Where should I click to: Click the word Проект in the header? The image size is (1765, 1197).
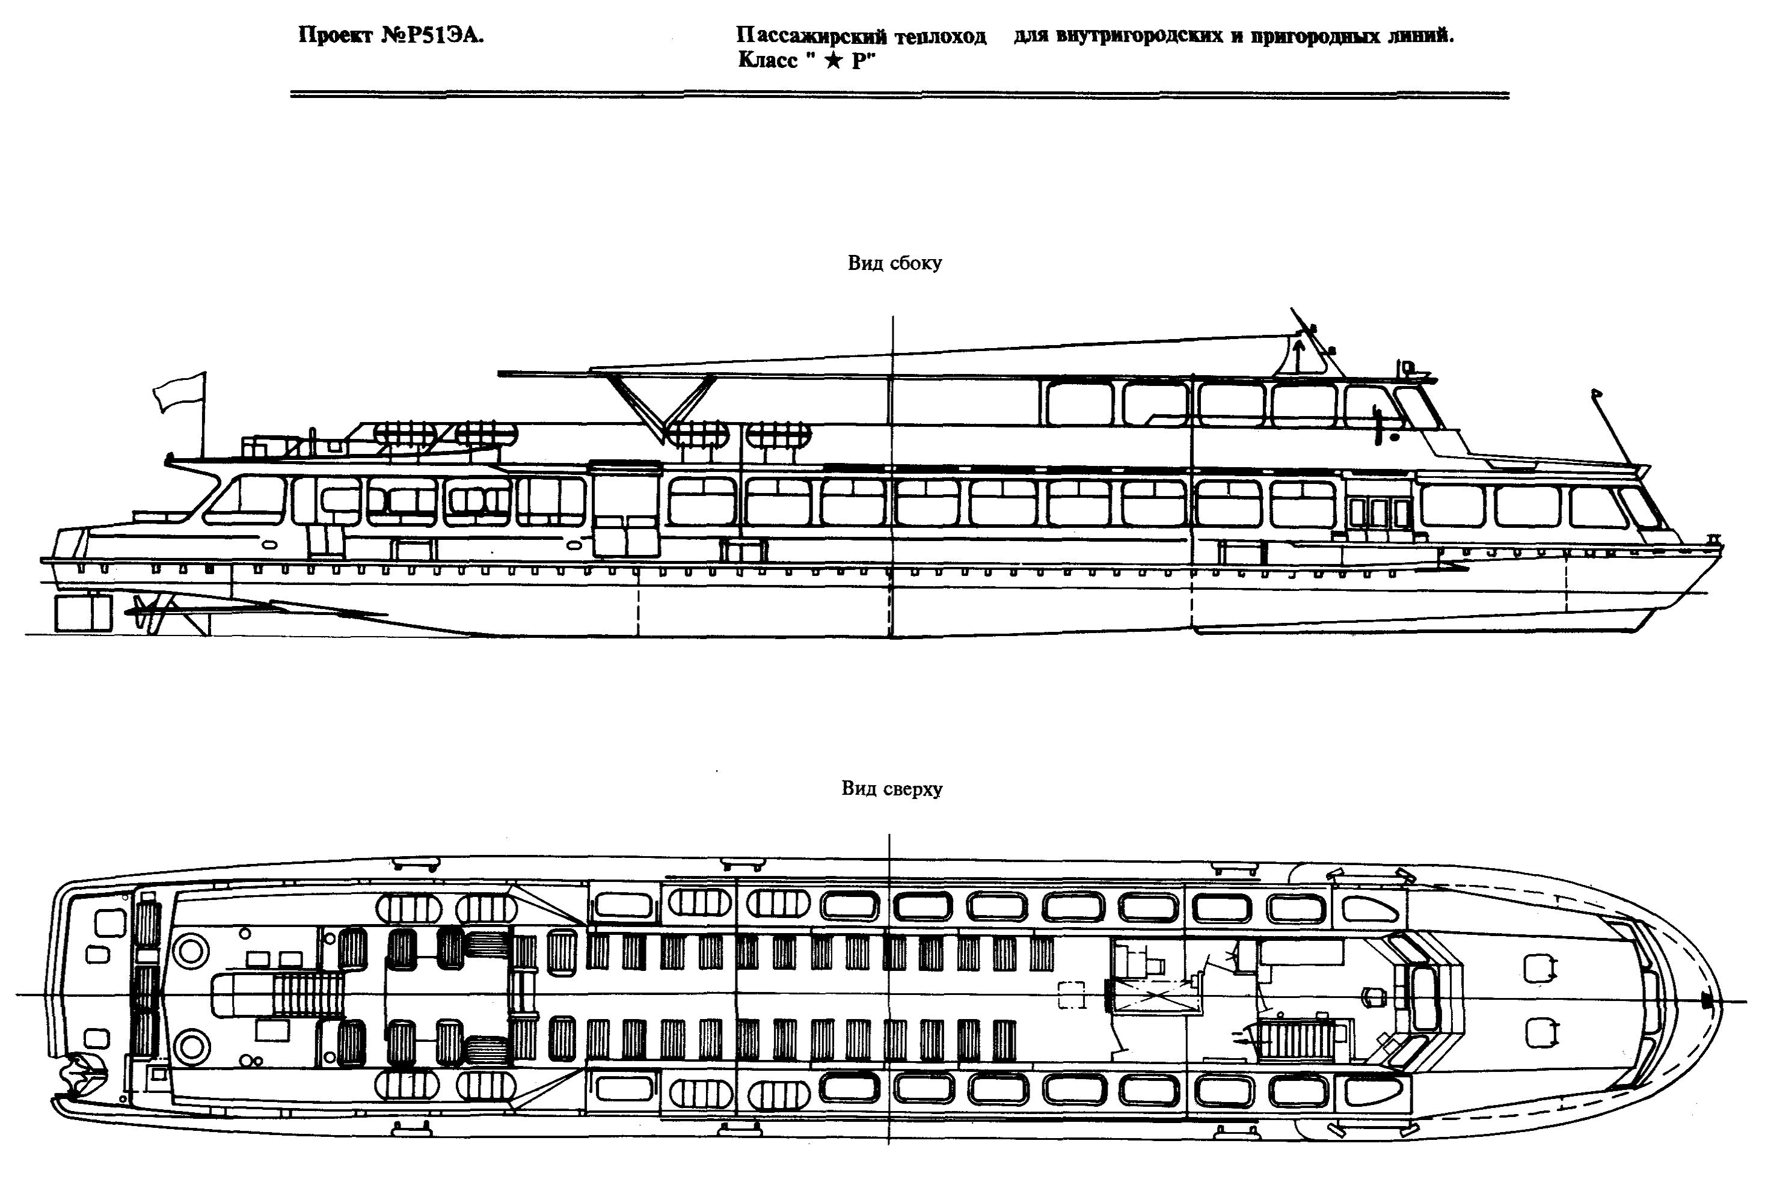tap(334, 35)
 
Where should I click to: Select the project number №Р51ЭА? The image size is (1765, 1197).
tap(431, 35)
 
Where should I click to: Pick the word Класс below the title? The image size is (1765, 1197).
tap(768, 61)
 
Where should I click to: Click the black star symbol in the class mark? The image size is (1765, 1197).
tap(833, 61)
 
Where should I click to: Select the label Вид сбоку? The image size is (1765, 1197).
tap(895, 263)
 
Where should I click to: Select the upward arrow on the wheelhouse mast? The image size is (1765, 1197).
tap(1297, 355)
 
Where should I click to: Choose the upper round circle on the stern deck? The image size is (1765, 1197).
tap(191, 949)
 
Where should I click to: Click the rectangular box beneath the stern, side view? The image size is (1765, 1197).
tap(84, 613)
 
